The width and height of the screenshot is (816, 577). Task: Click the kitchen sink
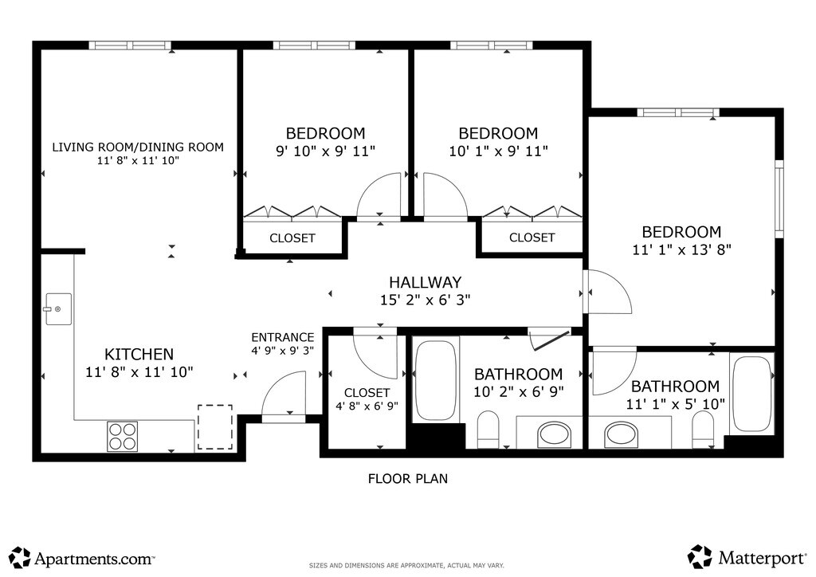click(x=58, y=309)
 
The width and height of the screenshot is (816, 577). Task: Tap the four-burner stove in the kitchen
click(x=122, y=436)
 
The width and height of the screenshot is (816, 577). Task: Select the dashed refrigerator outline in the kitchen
click(x=215, y=426)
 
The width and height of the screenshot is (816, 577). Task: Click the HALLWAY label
click(x=426, y=282)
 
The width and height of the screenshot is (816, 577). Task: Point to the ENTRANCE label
click(x=283, y=337)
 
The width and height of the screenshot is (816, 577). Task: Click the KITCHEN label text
click(x=139, y=355)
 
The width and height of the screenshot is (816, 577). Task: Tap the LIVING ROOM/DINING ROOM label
click(x=138, y=147)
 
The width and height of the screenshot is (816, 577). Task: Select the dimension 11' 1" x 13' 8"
click(x=682, y=249)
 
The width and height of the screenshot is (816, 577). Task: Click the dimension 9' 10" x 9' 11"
click(x=325, y=151)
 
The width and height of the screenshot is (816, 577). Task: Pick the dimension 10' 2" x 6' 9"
click(x=518, y=391)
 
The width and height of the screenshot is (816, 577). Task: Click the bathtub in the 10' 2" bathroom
click(x=437, y=380)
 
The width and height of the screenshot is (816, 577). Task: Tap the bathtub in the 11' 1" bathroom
click(x=751, y=394)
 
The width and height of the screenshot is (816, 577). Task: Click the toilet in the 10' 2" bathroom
click(x=488, y=430)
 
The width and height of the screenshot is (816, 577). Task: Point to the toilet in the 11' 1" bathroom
click(x=703, y=430)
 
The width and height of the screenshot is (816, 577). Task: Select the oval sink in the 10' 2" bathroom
click(x=554, y=434)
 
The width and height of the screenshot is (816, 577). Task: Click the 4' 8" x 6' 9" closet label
click(x=367, y=398)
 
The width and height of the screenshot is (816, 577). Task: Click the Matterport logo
click(x=747, y=557)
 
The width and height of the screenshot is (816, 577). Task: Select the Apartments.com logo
click(x=82, y=558)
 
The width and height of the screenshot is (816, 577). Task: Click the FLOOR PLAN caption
click(x=407, y=479)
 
